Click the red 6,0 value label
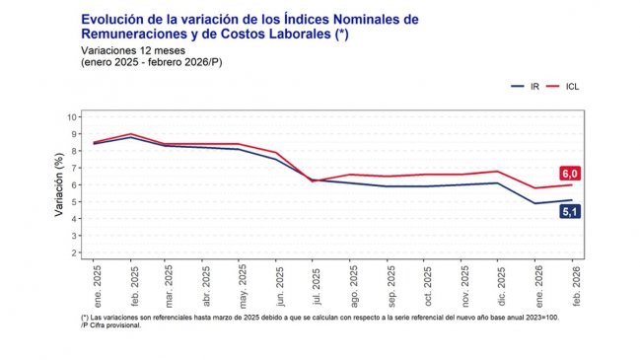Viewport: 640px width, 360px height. point(569,174)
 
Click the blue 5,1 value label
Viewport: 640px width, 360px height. point(569,211)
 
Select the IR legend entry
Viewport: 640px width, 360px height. point(526,87)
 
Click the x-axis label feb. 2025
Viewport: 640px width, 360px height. point(132,285)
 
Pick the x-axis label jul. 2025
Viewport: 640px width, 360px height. point(314,286)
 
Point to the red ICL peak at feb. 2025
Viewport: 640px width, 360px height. point(131,133)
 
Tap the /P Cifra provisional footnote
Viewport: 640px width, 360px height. point(111,324)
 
